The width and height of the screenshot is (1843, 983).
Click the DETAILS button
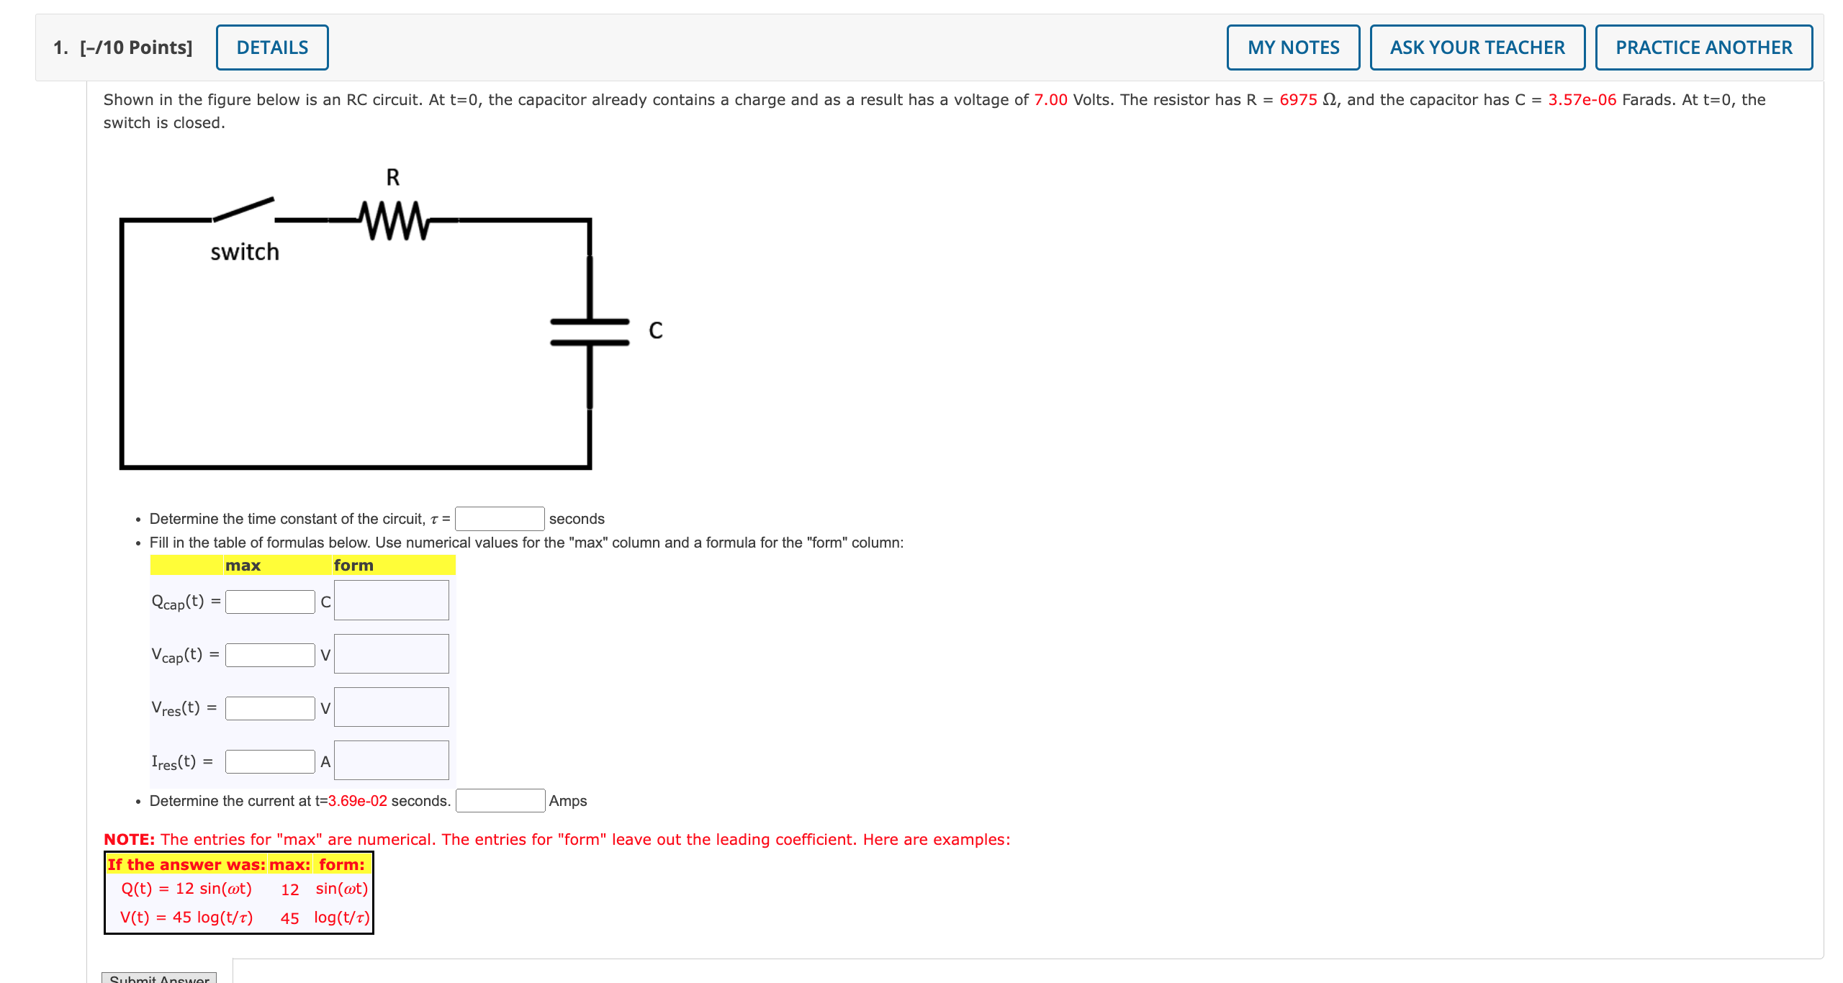click(272, 47)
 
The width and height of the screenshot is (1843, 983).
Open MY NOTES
click(1293, 47)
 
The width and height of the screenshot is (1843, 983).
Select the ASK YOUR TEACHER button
click(1477, 47)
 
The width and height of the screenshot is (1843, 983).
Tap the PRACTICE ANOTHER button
click(1703, 47)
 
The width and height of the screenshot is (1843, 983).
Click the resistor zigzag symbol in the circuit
click(394, 220)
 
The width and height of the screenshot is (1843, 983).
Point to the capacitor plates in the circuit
click(590, 332)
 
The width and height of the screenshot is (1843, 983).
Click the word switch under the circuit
click(245, 252)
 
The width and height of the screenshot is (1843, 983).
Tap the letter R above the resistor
click(392, 177)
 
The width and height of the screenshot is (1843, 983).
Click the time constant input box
click(500, 519)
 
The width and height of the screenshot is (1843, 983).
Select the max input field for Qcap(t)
click(270, 602)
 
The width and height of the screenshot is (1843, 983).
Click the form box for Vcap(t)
click(391, 654)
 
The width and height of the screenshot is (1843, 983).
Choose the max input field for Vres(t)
click(270, 708)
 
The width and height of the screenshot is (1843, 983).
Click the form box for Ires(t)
click(391, 761)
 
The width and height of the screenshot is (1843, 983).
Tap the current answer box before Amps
click(500, 801)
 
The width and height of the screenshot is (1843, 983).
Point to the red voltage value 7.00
click(1050, 100)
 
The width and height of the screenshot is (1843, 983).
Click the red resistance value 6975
click(1297, 100)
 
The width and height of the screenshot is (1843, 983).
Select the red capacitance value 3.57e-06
click(1582, 100)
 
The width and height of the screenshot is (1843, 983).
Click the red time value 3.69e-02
click(358, 801)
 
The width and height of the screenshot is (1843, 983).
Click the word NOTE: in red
click(130, 840)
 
